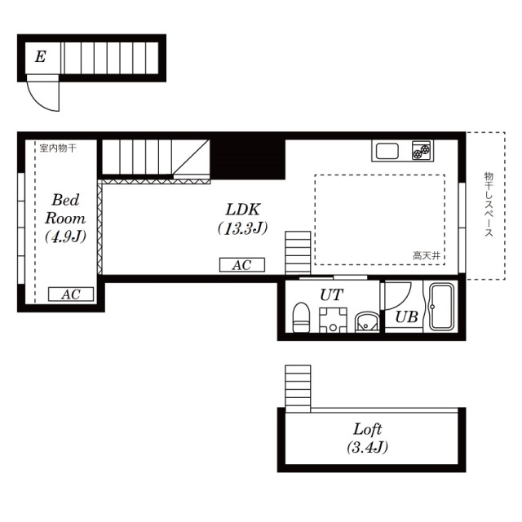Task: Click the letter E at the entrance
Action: point(40,56)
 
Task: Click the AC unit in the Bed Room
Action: point(71,294)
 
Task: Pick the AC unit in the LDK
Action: point(242,265)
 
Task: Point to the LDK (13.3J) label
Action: point(243,219)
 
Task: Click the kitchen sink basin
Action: point(387,152)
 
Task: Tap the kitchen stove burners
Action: point(421,151)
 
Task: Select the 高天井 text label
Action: point(427,255)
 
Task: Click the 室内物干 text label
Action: point(58,148)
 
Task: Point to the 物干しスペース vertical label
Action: point(489,204)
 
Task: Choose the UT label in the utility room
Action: point(332,294)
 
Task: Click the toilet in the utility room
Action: point(301,317)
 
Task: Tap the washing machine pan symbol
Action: point(333,321)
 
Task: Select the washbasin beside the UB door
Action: point(367,322)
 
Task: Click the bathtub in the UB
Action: point(441,307)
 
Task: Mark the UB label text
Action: point(406,317)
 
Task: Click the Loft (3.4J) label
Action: point(368,438)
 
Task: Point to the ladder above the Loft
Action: point(298,388)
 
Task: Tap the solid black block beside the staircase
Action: point(247,160)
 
